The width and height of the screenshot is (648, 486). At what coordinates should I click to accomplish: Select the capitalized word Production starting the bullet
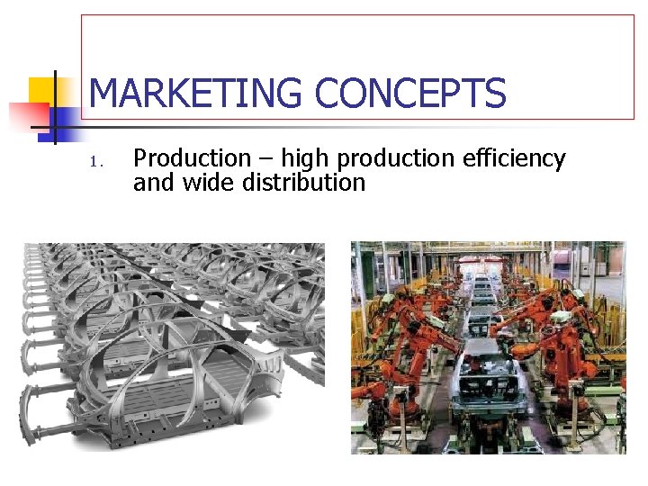pos(192,159)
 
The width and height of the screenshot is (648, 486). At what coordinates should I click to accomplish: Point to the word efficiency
pos(514,159)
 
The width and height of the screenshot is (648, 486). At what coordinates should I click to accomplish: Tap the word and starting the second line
pos(152,184)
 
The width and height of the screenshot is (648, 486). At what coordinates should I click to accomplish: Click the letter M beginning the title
pos(105,94)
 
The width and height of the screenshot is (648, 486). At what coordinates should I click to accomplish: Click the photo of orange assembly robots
pos(487,346)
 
